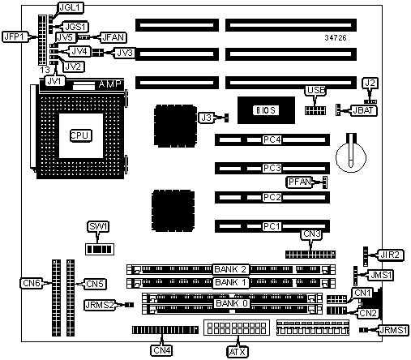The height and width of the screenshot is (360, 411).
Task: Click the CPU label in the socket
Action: (81, 135)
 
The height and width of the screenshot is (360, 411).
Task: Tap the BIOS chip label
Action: (265, 110)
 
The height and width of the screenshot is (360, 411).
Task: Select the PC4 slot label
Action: (272, 139)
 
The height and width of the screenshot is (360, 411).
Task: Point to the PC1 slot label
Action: (272, 226)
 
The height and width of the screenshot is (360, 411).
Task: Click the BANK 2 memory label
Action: (230, 269)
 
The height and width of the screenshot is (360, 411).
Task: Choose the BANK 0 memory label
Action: (232, 303)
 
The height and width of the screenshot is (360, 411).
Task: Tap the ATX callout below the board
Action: (238, 352)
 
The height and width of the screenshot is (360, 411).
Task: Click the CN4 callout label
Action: (162, 350)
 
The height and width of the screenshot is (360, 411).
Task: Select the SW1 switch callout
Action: (98, 226)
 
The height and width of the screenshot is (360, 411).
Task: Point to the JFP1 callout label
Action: (15, 36)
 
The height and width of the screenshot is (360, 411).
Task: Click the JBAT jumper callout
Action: (363, 110)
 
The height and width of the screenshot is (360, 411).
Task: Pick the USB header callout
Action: (315, 90)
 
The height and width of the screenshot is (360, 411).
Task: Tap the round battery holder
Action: (351, 156)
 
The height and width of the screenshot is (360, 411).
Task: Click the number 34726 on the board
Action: (336, 38)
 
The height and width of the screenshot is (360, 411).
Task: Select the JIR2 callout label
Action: (392, 255)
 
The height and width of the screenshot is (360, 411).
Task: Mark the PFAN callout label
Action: (299, 182)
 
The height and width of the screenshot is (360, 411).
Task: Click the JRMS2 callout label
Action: (100, 305)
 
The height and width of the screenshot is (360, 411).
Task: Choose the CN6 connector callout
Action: (32, 283)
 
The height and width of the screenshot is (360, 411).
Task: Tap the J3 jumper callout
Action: (206, 118)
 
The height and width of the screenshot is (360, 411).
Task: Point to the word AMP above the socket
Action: (109, 84)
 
